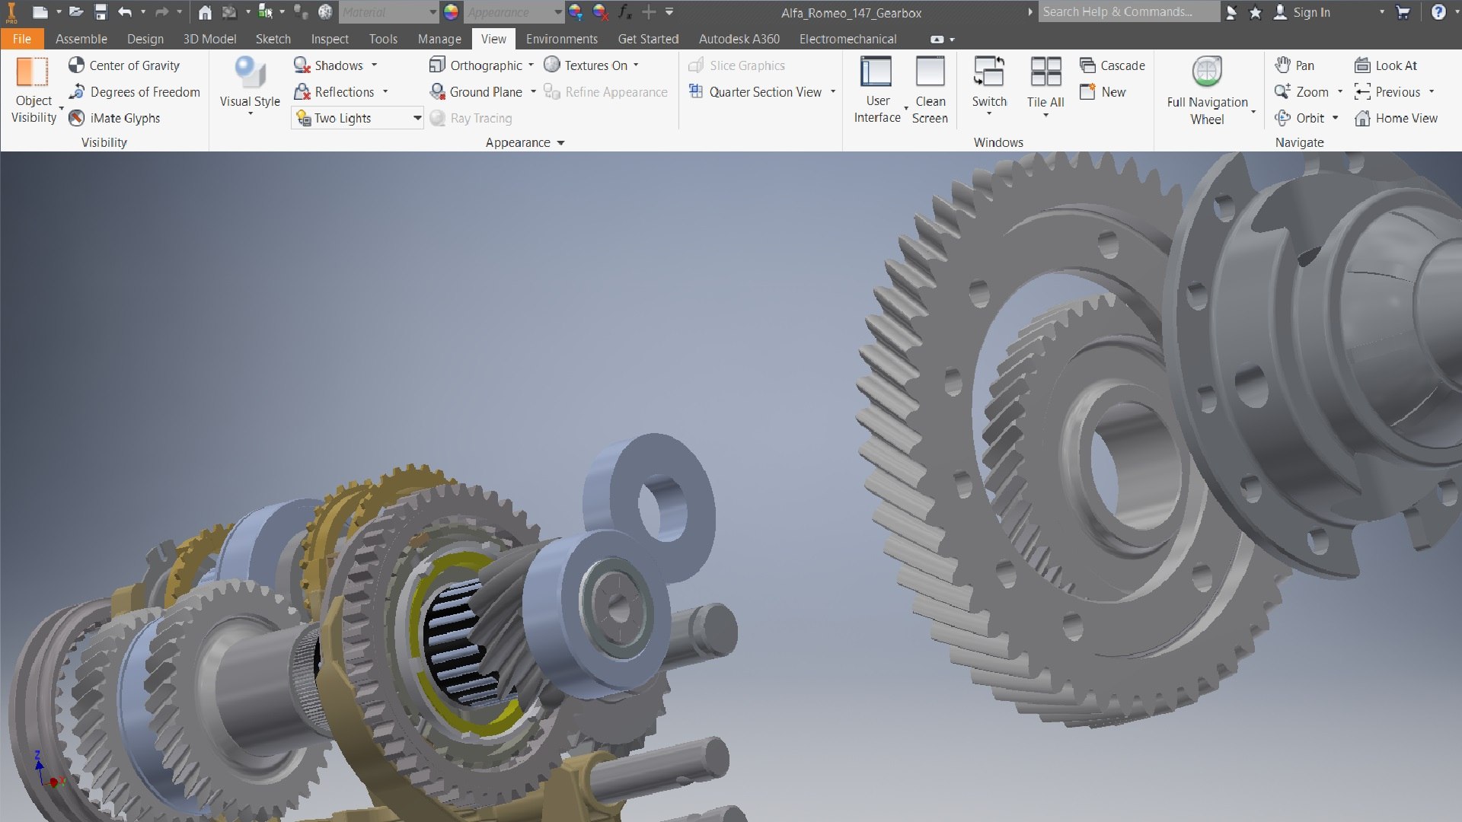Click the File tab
(x=21, y=39)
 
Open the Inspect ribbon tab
(x=329, y=39)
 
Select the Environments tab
(x=561, y=39)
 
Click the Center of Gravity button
(x=124, y=65)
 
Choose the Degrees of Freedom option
(x=134, y=92)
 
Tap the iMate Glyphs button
(x=114, y=118)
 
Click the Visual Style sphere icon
(x=250, y=73)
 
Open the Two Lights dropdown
(x=417, y=118)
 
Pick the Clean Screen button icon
(x=930, y=73)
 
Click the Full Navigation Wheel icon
(x=1207, y=73)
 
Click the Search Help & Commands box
(x=1127, y=12)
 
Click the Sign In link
(x=1310, y=12)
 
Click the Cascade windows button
(x=1112, y=65)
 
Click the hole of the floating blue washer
(x=662, y=508)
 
